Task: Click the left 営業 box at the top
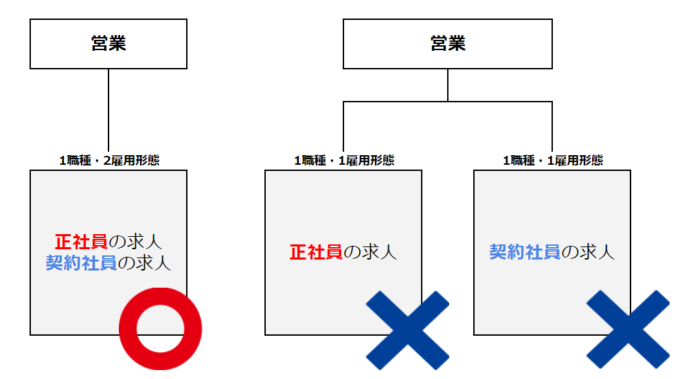[x=109, y=44]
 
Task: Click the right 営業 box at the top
[x=448, y=44]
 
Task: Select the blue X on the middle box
[x=408, y=330]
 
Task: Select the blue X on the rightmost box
[x=628, y=330]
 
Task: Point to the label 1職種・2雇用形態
[x=110, y=161]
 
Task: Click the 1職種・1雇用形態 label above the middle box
[x=344, y=161]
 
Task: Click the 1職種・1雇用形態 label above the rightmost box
[x=553, y=161]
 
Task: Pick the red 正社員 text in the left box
[x=81, y=242]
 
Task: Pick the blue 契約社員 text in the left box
[x=81, y=263]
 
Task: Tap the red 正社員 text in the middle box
[x=316, y=252]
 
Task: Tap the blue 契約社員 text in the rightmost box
[x=525, y=252]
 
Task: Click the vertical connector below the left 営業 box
[x=109, y=111]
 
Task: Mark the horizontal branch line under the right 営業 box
[x=448, y=102]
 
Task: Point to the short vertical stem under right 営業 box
[x=448, y=85]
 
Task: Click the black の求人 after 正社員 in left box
[x=135, y=242]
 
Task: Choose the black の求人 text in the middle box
[x=370, y=252]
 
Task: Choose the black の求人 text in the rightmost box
[x=588, y=252]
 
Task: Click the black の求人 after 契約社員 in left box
[x=144, y=263]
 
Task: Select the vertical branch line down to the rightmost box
[x=552, y=127]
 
